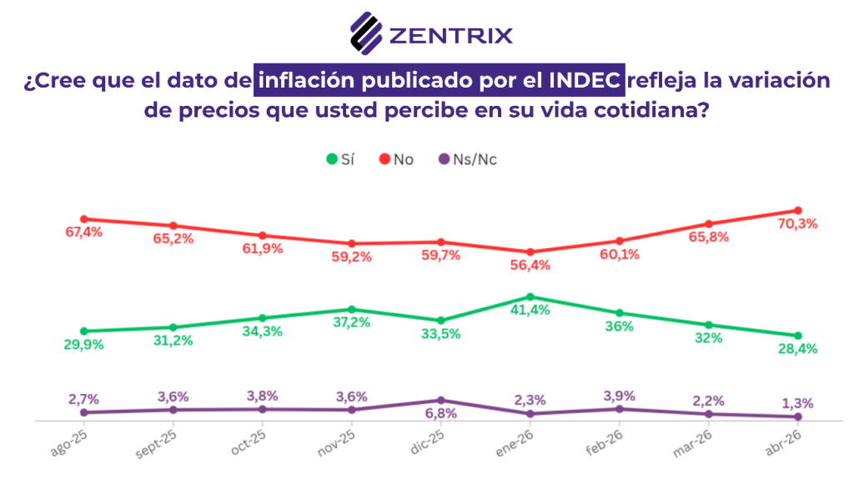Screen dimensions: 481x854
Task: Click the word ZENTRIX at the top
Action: (x=450, y=35)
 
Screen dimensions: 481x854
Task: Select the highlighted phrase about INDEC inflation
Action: (x=440, y=81)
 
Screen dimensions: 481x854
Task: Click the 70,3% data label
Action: (x=798, y=224)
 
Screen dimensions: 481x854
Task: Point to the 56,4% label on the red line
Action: (x=530, y=266)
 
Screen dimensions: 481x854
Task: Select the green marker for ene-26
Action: (x=530, y=296)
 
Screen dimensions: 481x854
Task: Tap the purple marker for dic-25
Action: (x=441, y=401)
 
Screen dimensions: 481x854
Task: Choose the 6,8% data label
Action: (x=441, y=414)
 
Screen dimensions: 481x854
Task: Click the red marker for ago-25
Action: (x=83, y=219)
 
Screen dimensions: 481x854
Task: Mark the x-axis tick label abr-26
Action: (x=785, y=439)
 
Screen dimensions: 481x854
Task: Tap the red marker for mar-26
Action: (x=709, y=224)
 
